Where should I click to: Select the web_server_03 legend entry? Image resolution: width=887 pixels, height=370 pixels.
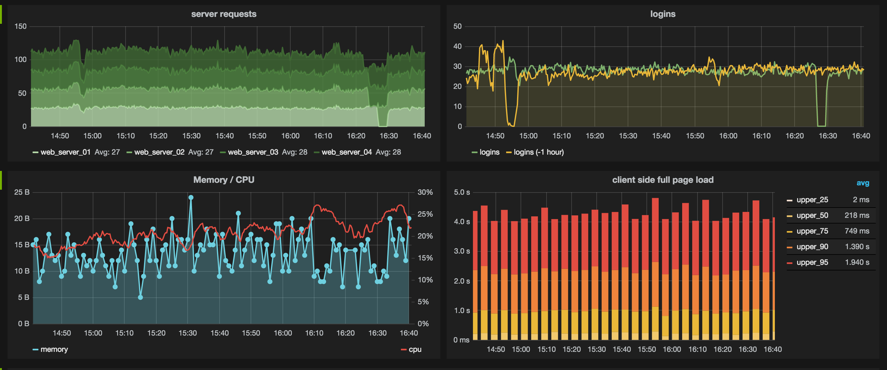pyautogui.click(x=253, y=152)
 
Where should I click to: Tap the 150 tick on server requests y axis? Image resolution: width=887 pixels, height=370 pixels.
pyautogui.click(x=20, y=27)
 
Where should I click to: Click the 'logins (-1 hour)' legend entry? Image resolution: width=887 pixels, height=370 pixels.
pyautogui.click(x=538, y=152)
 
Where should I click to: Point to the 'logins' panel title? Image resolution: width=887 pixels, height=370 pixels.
pyautogui.click(x=662, y=14)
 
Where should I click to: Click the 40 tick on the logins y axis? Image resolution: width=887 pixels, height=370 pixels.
pyautogui.click(x=457, y=46)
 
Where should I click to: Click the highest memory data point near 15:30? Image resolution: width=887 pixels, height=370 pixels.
pyautogui.click(x=191, y=198)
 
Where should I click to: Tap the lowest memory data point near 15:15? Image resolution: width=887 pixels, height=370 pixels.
pyautogui.click(x=140, y=297)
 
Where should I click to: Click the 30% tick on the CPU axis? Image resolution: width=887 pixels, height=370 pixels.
pyautogui.click(x=425, y=193)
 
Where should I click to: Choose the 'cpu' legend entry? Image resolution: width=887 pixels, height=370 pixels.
pyautogui.click(x=415, y=349)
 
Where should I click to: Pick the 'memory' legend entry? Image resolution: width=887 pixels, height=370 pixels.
pyautogui.click(x=54, y=349)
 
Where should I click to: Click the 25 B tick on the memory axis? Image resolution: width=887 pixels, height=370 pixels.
pyautogui.click(x=22, y=193)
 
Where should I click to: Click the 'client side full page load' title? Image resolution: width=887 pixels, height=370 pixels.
pyautogui.click(x=662, y=180)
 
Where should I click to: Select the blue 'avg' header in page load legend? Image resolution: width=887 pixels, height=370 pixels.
pyautogui.click(x=863, y=183)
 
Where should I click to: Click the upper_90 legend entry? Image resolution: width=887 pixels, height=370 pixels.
pyautogui.click(x=812, y=247)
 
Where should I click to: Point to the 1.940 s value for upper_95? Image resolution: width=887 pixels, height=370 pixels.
pyautogui.click(x=857, y=262)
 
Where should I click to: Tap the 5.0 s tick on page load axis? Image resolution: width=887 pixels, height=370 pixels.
pyautogui.click(x=461, y=193)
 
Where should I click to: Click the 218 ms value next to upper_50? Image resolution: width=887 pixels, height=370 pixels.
pyautogui.click(x=857, y=215)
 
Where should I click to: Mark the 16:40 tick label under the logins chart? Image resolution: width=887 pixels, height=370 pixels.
pyautogui.click(x=860, y=136)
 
